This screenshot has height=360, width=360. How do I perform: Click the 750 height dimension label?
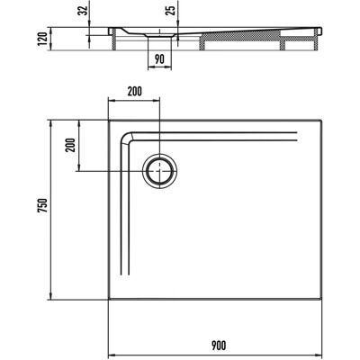point(42,205)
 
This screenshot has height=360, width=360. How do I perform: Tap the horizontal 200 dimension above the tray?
point(134,92)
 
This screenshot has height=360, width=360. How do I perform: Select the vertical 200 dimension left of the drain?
point(71,146)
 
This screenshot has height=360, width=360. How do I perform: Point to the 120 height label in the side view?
point(42,39)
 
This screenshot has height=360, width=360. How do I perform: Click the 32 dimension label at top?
point(85,11)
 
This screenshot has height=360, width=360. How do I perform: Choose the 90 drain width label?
point(159,59)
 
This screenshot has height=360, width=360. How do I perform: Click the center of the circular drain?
point(159,171)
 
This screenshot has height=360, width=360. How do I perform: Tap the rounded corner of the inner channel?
point(124,137)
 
